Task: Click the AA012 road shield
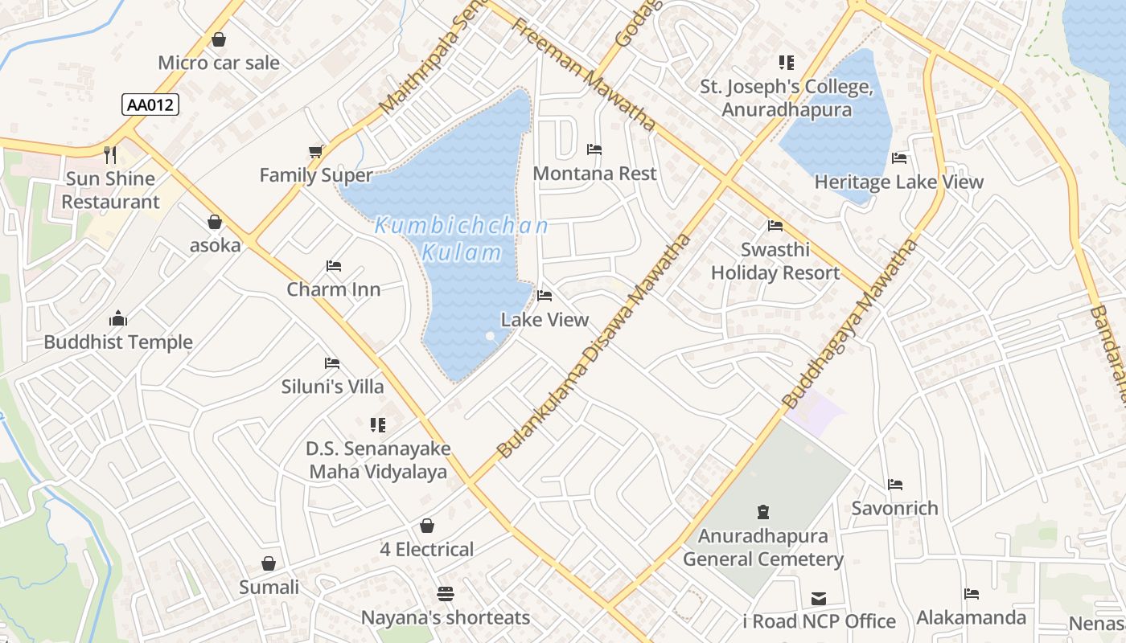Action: (150, 104)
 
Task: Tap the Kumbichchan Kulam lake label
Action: (462, 239)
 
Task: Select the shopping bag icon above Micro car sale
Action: (218, 39)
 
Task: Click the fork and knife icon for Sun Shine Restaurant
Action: (111, 154)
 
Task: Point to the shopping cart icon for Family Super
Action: (315, 152)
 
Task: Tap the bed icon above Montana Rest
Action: (594, 149)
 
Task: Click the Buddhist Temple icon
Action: (118, 318)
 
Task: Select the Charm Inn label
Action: (334, 289)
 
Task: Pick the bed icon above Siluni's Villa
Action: (331, 363)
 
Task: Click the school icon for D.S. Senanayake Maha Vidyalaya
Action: (377, 424)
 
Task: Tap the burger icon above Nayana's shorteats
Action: (445, 594)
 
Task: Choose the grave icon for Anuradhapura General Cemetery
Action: (762, 511)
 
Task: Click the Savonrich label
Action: (894, 508)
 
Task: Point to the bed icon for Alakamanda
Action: (971, 594)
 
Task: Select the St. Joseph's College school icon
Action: (786, 63)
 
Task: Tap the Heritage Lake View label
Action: (898, 182)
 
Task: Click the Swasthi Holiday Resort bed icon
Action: (775, 226)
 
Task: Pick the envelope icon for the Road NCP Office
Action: (818, 599)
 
